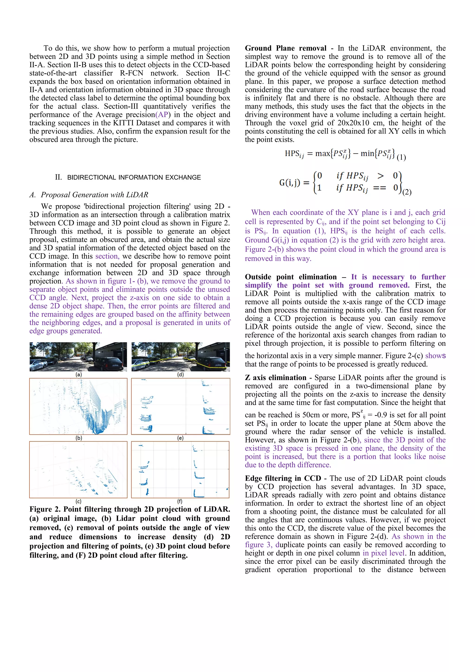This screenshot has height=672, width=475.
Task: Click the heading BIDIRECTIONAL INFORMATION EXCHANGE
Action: [134, 177]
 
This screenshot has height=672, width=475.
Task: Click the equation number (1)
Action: [401, 157]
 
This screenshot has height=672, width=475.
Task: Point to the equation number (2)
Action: [407, 192]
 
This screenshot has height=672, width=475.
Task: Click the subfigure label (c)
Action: [78, 501]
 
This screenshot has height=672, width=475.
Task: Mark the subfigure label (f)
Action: [180, 501]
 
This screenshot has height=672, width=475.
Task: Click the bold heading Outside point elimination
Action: [291, 277]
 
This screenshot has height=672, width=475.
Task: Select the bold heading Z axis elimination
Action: [275, 378]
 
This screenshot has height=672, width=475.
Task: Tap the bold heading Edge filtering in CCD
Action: [283, 478]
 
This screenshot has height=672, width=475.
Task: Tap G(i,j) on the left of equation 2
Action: [290, 183]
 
